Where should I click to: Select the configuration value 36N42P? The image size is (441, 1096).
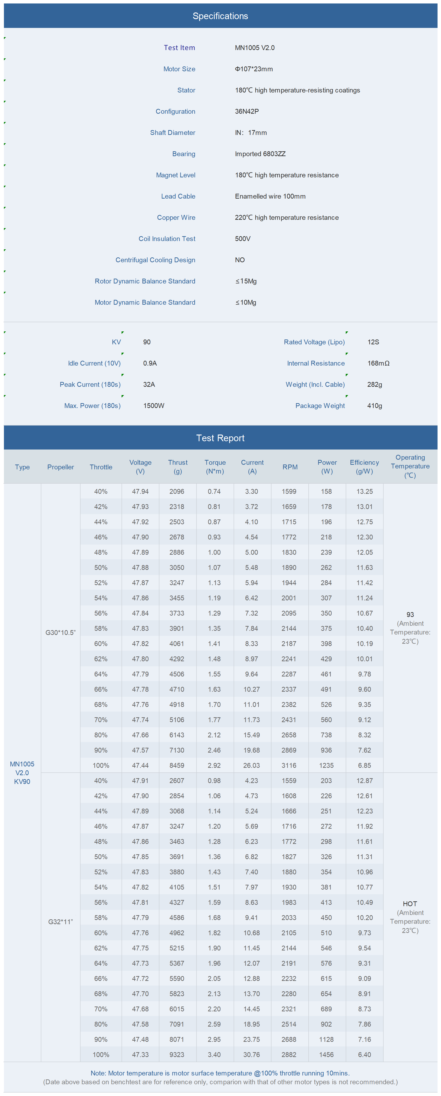click(x=247, y=111)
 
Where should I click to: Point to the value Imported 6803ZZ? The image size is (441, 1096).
click(x=260, y=154)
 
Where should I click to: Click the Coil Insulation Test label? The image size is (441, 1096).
click(x=167, y=239)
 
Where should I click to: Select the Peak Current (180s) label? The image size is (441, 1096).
click(x=90, y=385)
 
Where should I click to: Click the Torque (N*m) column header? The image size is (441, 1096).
click(x=215, y=467)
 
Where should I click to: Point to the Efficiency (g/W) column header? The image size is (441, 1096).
click(x=364, y=467)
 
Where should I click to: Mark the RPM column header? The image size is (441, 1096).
click(x=290, y=467)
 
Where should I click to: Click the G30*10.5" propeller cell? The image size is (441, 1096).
click(x=60, y=633)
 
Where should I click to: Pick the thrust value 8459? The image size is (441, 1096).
click(x=177, y=765)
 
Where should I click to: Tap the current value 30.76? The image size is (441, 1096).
click(x=252, y=1055)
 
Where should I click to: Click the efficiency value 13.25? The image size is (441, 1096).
click(x=364, y=491)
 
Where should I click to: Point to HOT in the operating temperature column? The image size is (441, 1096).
click(x=410, y=904)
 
